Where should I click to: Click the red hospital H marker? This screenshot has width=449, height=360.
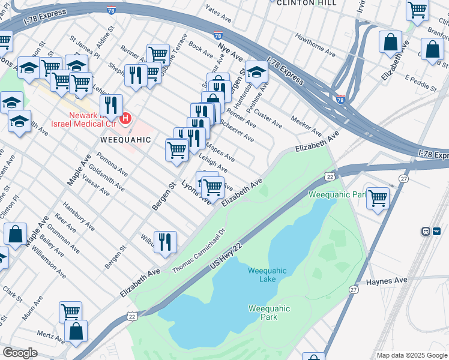click(125, 118)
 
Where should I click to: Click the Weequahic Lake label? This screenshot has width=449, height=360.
click(267, 275)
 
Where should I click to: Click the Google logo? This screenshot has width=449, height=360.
click(20, 352)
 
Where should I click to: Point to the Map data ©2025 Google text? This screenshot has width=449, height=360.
click(412, 355)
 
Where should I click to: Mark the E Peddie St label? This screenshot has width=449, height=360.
click(421, 83)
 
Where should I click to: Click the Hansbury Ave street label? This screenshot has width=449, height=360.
click(79, 219)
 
